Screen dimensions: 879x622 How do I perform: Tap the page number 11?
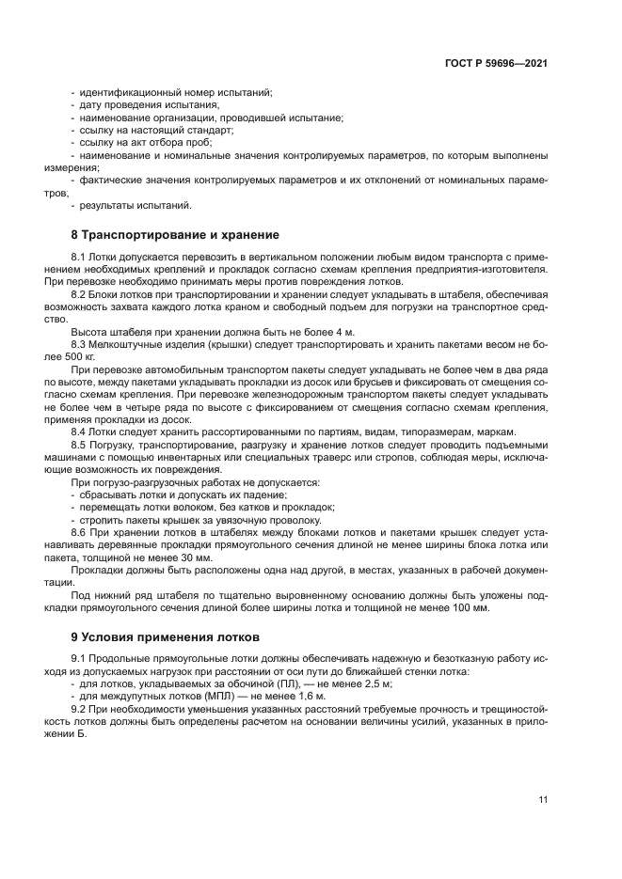(543, 799)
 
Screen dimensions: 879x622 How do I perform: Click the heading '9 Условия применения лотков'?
(162, 637)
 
